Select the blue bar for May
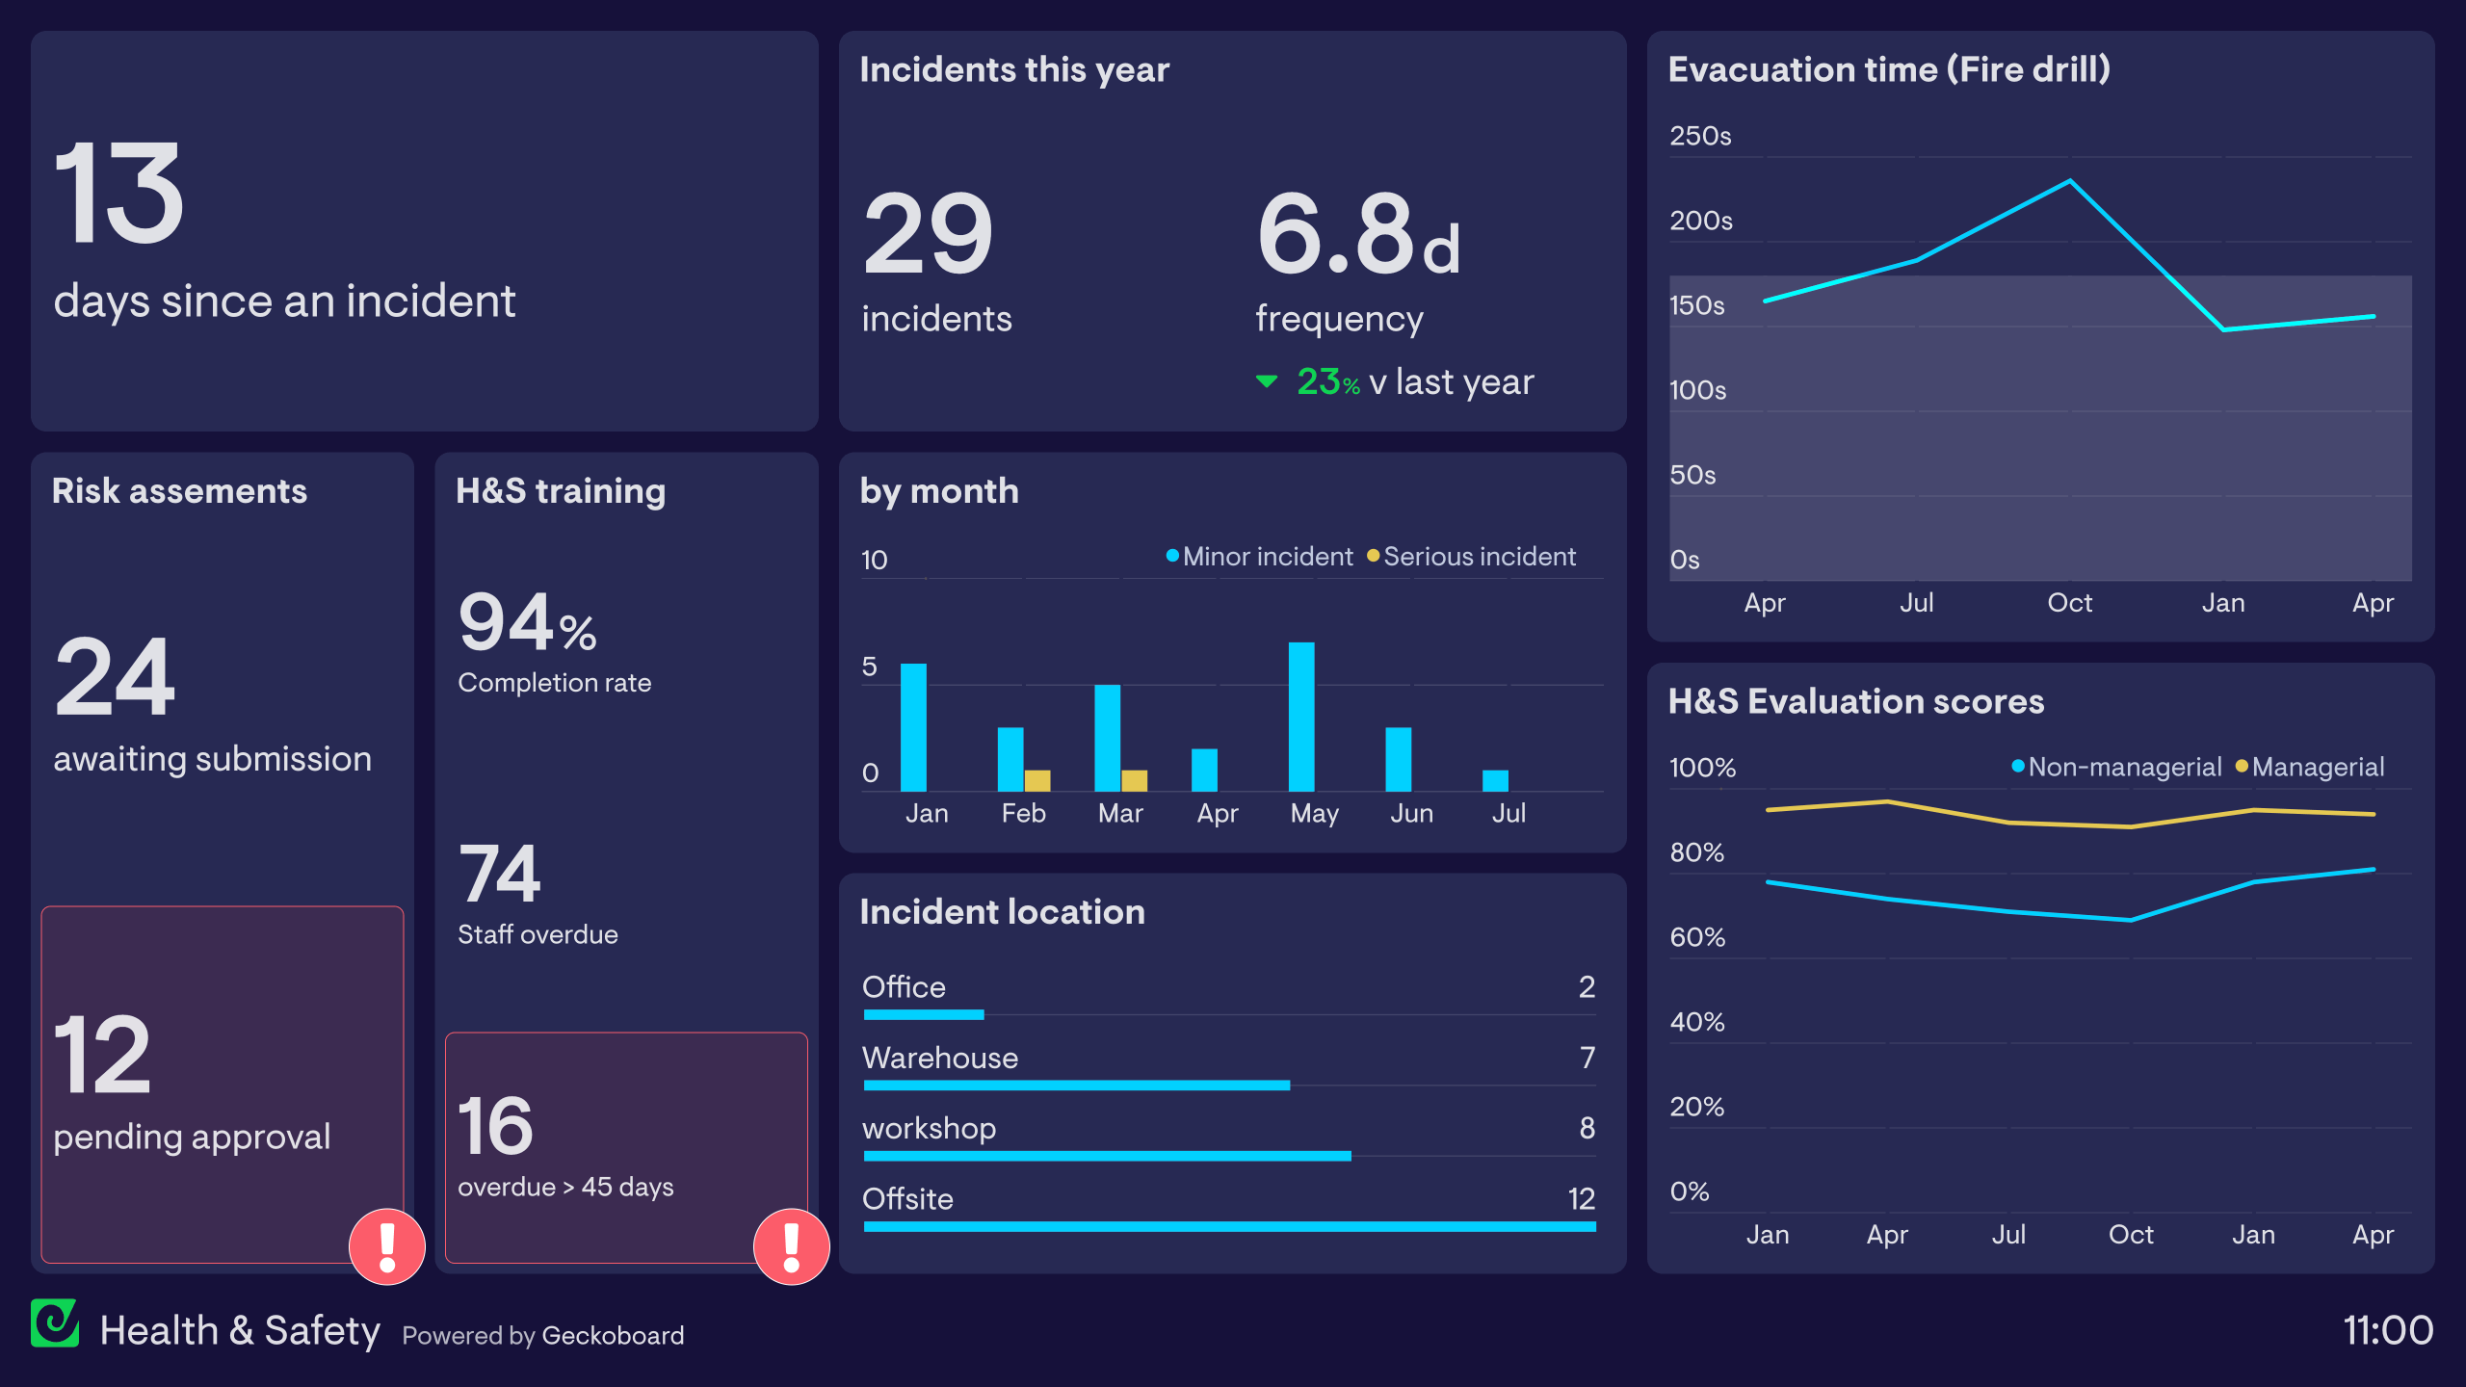1301,717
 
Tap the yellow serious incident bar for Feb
1037,780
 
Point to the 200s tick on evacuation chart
1700,221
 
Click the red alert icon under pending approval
387,1246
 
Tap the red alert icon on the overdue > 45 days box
791,1246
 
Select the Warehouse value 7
1587,1058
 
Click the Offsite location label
907,1198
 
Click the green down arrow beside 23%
1267,382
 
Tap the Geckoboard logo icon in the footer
55,1323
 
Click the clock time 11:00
2387,1330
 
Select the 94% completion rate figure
527,623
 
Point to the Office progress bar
924,1014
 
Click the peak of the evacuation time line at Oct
2070,181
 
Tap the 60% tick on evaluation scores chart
1697,937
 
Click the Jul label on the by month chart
1508,814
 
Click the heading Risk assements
179,491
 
